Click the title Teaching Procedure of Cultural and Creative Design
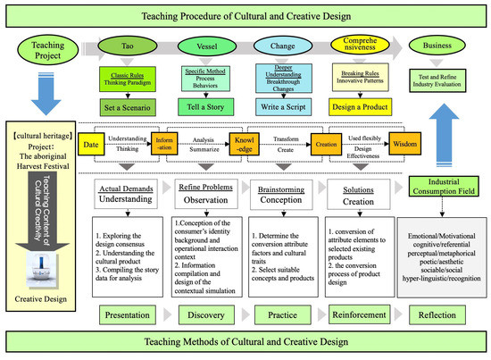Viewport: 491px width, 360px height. click(245, 13)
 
